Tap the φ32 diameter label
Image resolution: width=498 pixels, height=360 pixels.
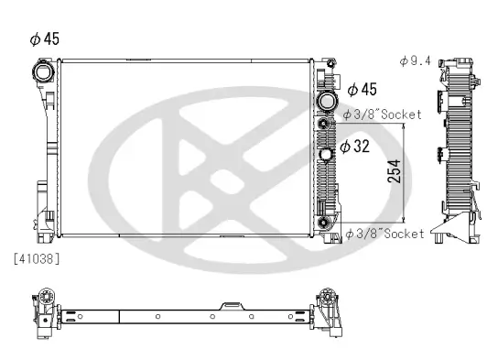pos(356,147)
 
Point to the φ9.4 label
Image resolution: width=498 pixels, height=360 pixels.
pos(417,60)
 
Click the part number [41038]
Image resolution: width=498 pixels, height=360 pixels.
pos(38,259)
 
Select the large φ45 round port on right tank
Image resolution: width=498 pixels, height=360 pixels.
pos(325,101)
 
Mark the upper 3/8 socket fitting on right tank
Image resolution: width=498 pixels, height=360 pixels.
pos(324,122)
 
